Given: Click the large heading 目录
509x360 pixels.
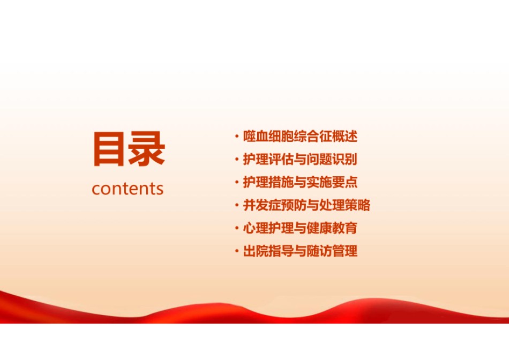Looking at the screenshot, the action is pos(129,149).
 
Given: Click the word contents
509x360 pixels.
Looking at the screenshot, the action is pos(128,189).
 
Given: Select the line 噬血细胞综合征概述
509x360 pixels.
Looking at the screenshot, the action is pos(300,136).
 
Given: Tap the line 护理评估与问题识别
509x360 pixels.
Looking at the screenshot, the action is pos(300,160).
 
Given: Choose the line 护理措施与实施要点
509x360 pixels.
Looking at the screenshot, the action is pos(300,182).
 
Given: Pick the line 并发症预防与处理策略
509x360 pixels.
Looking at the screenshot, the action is pos(307,205).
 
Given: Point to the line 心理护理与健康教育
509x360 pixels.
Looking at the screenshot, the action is pos(300,228).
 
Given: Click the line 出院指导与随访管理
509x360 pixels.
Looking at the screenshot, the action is pos(300,251).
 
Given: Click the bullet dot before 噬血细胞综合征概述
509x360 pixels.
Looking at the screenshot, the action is pos(237,136).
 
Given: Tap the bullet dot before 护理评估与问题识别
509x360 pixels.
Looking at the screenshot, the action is pos(237,160).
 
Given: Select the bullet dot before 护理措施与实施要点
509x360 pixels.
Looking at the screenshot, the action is pos(237,183).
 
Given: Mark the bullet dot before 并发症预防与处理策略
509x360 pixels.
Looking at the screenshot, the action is pos(237,206).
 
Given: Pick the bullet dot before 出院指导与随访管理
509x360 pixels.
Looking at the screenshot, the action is pos(237,251).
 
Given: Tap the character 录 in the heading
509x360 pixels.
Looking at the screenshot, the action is pos(147,149).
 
